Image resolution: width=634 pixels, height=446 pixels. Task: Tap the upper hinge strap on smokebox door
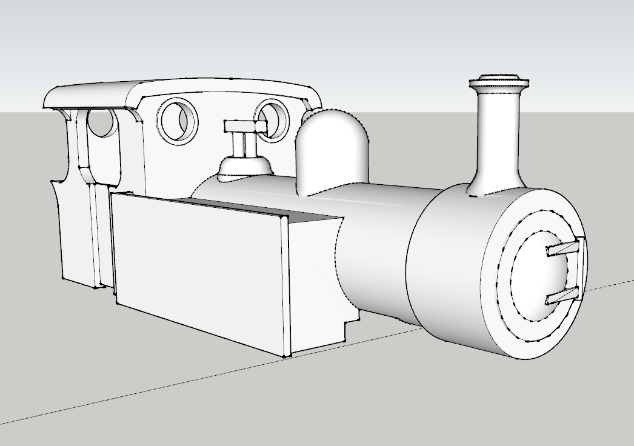pos(564,248)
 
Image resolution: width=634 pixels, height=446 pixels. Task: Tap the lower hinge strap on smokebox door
pos(564,296)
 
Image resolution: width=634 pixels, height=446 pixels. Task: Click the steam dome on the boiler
pos(332,148)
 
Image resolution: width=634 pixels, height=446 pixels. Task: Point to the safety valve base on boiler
pos(244,167)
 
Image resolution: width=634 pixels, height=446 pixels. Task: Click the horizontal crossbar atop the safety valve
pos(245,126)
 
